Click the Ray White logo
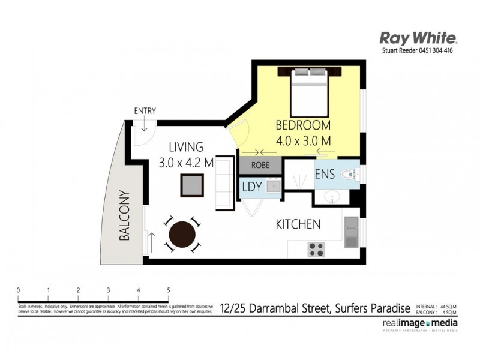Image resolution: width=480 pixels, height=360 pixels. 419,38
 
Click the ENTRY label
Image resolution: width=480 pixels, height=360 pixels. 145,110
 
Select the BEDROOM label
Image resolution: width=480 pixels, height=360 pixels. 303,125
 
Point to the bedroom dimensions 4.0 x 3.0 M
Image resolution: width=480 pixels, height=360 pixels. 304,140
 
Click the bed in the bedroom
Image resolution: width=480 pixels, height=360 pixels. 310,92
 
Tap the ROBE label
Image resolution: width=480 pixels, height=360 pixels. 260,164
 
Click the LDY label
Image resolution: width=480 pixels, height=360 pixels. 251,187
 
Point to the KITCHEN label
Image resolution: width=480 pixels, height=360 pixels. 298,224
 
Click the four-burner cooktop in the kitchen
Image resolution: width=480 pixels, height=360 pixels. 316,248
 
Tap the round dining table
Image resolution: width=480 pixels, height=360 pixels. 182,235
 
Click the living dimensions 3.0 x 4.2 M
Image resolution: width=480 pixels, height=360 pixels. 186,162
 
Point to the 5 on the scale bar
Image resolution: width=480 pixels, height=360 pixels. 169,290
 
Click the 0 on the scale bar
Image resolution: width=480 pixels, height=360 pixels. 19,290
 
